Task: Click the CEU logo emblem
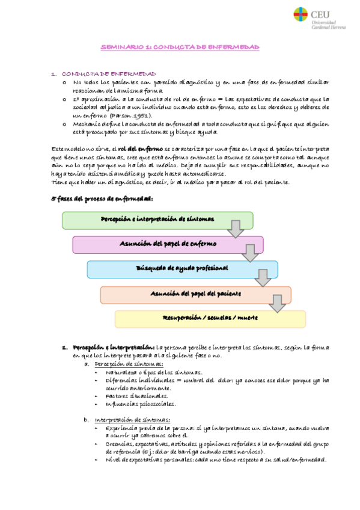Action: (x=301, y=14)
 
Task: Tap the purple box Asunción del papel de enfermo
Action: (x=168, y=244)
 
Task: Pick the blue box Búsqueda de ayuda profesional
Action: (x=182, y=268)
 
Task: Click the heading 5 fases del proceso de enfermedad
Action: (x=94, y=198)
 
